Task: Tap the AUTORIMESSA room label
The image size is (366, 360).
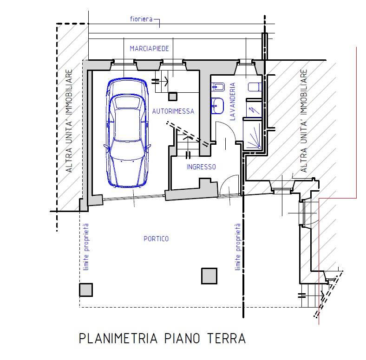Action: click(x=173, y=111)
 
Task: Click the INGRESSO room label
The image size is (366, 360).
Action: click(x=201, y=167)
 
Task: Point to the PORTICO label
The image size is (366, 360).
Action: click(x=156, y=239)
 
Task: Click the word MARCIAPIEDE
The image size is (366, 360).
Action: click(x=149, y=49)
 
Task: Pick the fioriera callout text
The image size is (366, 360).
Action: click(x=141, y=19)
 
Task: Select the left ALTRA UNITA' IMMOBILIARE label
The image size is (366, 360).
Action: click(x=69, y=122)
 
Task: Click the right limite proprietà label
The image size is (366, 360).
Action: click(x=238, y=247)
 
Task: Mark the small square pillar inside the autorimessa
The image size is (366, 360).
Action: click(x=172, y=96)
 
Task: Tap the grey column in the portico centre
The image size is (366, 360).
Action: click(x=209, y=276)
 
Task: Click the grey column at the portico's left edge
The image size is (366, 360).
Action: click(x=85, y=290)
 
